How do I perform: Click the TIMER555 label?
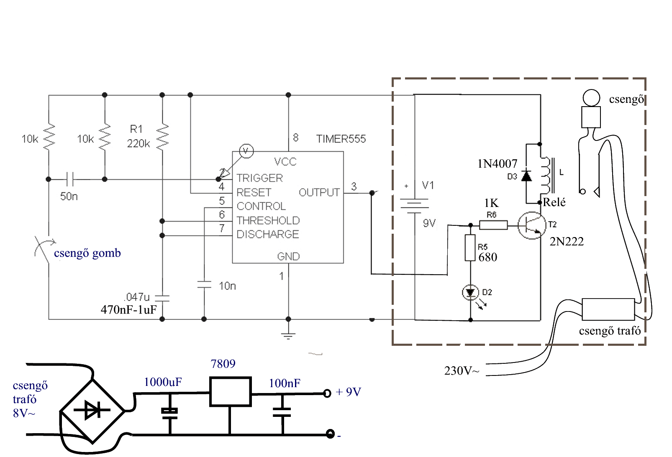tap(341, 139)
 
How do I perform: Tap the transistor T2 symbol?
tap(531, 225)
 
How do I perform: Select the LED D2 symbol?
tap(470, 292)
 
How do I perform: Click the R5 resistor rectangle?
tap(470, 248)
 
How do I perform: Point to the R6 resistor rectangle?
tap(493, 225)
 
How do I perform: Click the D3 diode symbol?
tap(526, 176)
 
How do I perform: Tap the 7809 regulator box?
tap(230, 392)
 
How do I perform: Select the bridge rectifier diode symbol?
tap(92, 410)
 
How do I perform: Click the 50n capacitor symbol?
tap(69, 179)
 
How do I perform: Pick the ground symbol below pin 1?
tap(288, 336)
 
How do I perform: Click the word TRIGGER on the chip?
tap(259, 178)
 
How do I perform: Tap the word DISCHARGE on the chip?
tap(268, 234)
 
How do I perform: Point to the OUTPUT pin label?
tap(319, 192)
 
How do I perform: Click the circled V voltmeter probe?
tap(246, 151)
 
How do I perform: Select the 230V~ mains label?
tap(462, 371)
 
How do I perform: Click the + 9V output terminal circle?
tap(327, 393)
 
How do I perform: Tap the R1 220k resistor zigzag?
tap(162, 137)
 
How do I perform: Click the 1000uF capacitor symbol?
tap(169, 413)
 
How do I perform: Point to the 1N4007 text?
tap(497, 164)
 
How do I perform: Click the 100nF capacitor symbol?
tap(282, 412)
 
